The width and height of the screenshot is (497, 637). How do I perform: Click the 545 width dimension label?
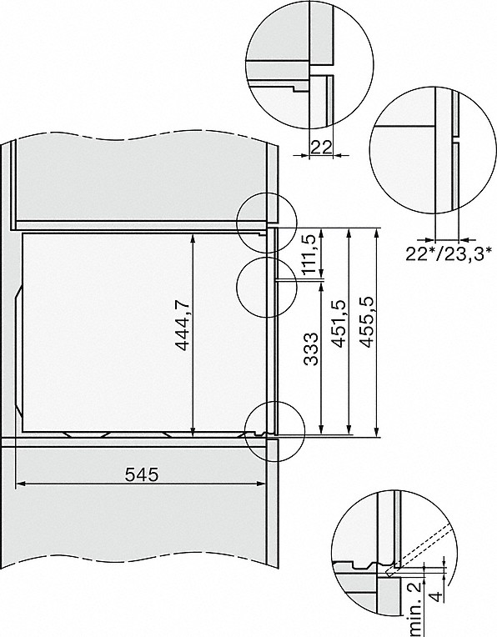[141, 474]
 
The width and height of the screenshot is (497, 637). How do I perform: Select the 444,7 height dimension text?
[183, 331]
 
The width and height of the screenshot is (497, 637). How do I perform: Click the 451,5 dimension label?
[338, 331]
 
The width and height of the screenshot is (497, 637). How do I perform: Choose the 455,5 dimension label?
[365, 331]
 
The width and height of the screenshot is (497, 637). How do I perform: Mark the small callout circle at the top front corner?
[262, 223]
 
